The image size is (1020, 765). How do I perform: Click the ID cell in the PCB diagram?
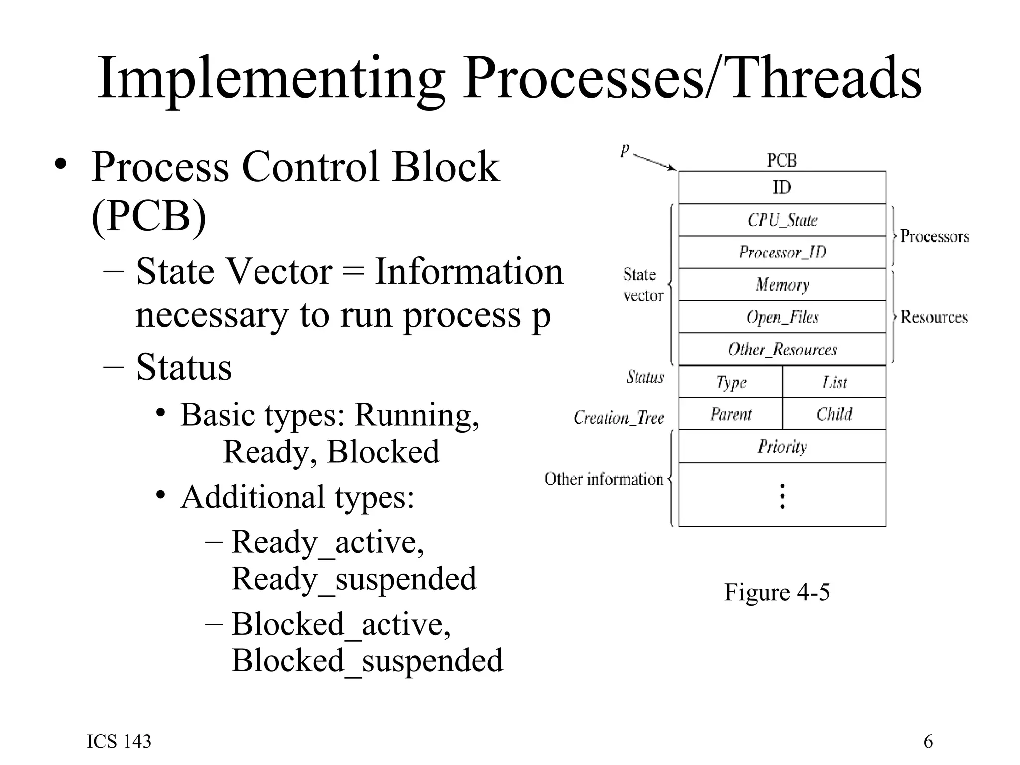pyautogui.click(x=782, y=187)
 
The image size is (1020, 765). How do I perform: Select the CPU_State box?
pyautogui.click(x=782, y=220)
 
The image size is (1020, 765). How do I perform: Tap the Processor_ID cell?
pyautogui.click(x=782, y=252)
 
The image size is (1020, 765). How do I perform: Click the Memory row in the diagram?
pyautogui.click(x=782, y=284)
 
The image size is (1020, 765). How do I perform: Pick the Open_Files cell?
pyautogui.click(x=782, y=317)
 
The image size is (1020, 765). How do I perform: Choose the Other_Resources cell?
pyautogui.click(x=782, y=349)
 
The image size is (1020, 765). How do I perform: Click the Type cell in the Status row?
pyautogui.click(x=731, y=382)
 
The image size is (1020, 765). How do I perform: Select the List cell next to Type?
pyautogui.click(x=834, y=382)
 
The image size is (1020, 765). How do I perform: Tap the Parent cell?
pyautogui.click(x=731, y=414)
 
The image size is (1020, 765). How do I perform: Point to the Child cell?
pyautogui.click(x=834, y=414)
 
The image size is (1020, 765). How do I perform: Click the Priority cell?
pyautogui.click(x=782, y=446)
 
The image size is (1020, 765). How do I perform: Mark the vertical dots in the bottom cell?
pyautogui.click(x=782, y=496)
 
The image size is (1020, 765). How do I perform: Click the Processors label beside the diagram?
pyautogui.click(x=934, y=236)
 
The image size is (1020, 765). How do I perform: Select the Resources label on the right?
pyautogui.click(x=934, y=317)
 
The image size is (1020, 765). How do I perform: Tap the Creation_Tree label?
pyautogui.click(x=619, y=417)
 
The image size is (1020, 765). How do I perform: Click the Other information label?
pyautogui.click(x=604, y=479)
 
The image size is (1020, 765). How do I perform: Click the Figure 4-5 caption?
pyautogui.click(x=776, y=592)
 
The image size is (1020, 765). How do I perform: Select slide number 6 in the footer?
pyautogui.click(x=928, y=742)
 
